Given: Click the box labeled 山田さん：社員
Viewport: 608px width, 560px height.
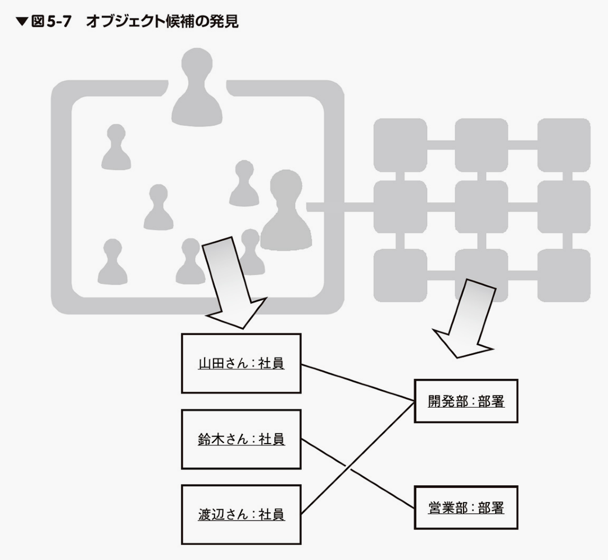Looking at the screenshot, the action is point(241,363).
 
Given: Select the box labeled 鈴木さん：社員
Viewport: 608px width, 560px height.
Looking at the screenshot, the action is point(241,439).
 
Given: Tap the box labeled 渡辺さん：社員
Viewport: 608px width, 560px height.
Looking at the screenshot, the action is point(241,514).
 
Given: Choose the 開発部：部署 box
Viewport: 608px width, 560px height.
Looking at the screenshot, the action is point(466,401).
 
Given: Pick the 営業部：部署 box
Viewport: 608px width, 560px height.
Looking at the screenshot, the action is point(466,508).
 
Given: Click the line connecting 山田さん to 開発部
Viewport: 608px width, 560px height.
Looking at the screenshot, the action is point(358,382).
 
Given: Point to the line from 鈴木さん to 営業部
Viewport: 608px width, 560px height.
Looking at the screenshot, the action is point(358,473).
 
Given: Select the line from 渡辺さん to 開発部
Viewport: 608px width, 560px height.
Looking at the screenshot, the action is point(358,458).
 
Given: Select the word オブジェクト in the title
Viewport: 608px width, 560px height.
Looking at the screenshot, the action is point(125,21).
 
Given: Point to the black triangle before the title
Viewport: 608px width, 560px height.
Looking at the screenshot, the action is point(22,22).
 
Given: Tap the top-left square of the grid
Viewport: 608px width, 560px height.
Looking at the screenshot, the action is point(400,145).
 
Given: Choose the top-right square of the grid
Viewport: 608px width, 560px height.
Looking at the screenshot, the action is point(564,145).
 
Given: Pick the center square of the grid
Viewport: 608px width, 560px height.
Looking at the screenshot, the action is point(482,207).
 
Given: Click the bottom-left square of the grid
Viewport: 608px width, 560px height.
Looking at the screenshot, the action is point(400,276).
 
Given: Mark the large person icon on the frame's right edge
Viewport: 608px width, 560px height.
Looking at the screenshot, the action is point(286,211).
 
